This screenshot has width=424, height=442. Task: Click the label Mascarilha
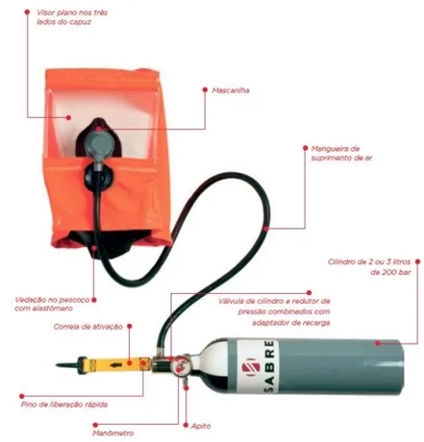pos(231,90)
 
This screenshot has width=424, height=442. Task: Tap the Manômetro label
pos(112,433)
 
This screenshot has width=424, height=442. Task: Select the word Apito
pos(201,426)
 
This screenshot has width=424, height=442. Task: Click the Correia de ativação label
pos(88,327)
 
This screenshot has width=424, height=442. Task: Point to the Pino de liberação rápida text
pos(64,405)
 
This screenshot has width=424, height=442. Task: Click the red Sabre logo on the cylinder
pos(249,367)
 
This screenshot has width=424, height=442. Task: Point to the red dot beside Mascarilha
pos(205,90)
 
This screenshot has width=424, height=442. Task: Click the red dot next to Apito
pos(186,425)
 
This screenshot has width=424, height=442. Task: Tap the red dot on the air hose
pos(266,229)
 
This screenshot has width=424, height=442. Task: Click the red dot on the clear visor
pos(68,117)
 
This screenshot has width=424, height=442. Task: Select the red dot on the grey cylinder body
pos(378,343)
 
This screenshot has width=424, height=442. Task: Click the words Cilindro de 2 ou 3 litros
pos(369,261)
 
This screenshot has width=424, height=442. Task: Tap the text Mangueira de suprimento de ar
pos(341,153)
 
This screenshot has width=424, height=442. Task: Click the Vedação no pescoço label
pos(52,300)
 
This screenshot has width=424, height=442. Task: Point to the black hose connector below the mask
pos(98,178)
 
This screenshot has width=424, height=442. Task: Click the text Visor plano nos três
pos(72,12)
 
